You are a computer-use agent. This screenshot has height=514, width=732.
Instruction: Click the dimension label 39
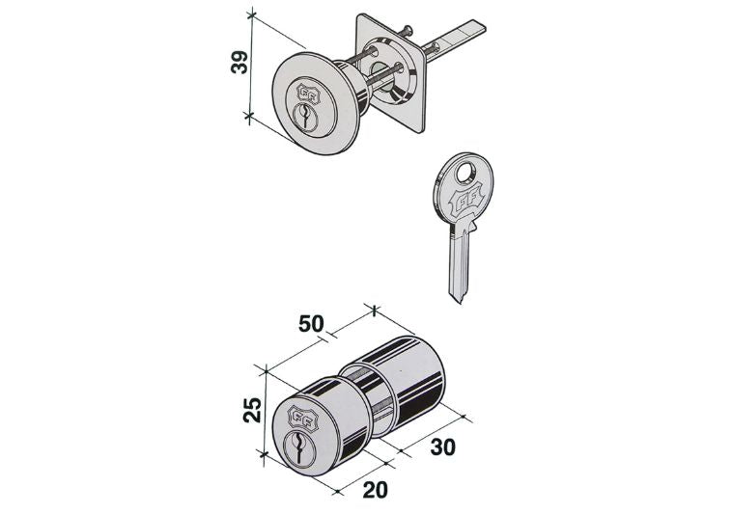click(239, 62)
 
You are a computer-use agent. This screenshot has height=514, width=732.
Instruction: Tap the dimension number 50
click(311, 323)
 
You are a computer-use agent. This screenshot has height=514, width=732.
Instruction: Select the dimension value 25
click(253, 410)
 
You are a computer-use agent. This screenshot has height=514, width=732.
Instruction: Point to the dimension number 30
click(442, 446)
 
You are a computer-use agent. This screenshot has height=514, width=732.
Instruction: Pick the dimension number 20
click(376, 490)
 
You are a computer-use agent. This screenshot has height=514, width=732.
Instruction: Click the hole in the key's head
click(465, 174)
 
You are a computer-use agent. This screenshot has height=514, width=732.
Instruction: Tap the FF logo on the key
click(464, 203)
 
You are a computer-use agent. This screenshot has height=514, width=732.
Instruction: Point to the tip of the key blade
click(460, 303)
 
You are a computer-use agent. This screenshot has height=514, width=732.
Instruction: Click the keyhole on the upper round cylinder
click(305, 117)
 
